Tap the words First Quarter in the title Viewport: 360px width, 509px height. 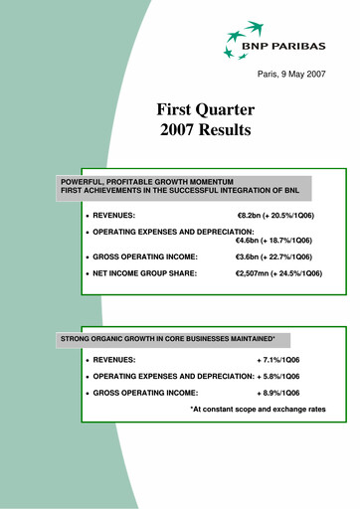click(x=206, y=108)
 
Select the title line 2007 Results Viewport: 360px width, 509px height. click(x=206, y=129)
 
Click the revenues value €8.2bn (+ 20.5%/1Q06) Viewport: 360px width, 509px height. click(x=279, y=215)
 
